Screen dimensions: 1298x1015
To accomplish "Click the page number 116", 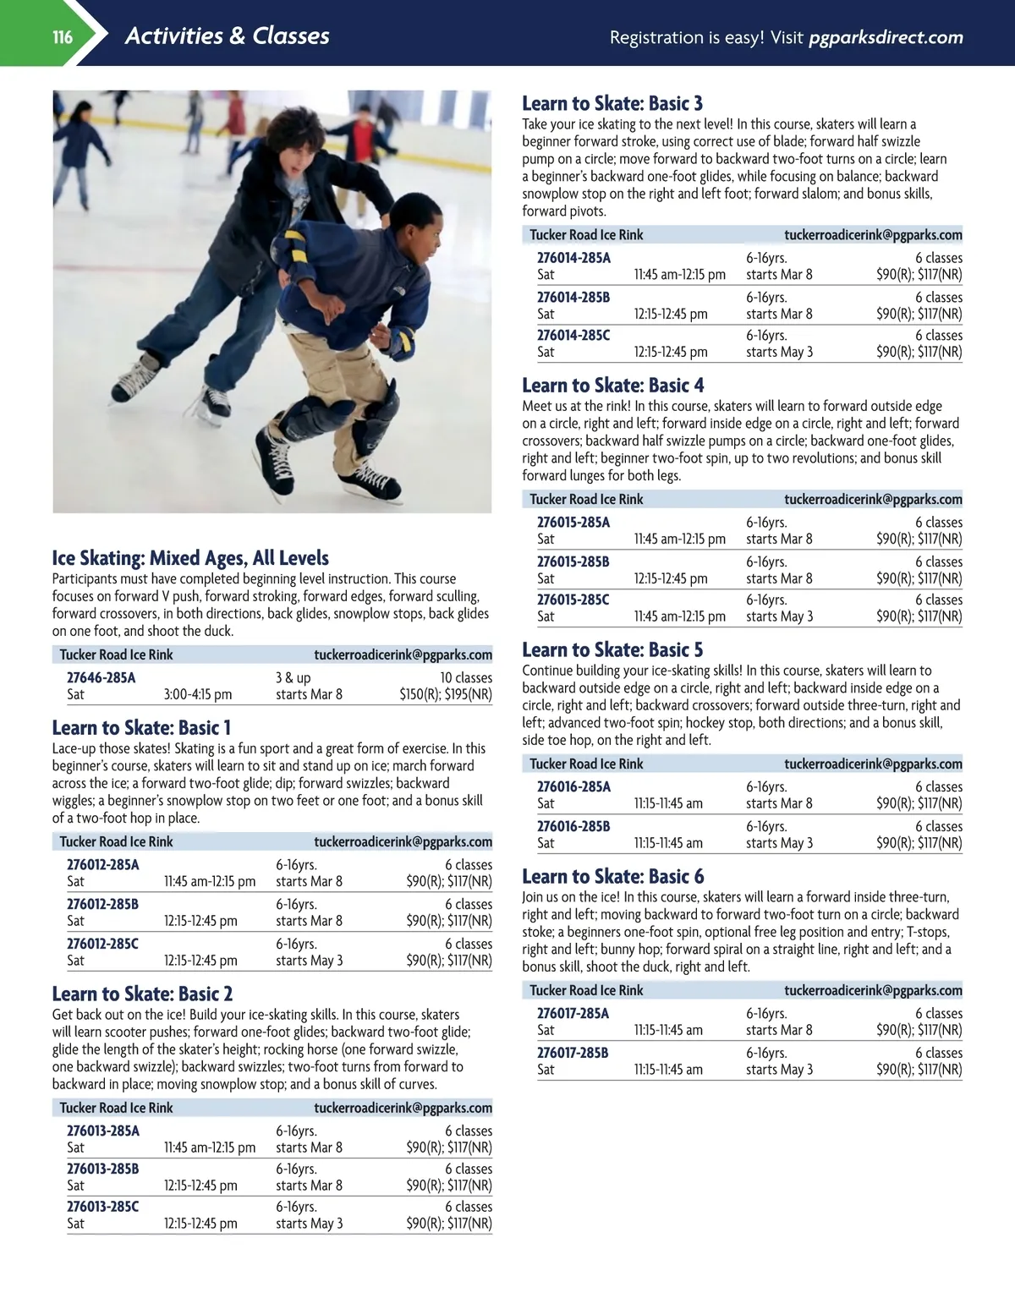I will click(x=63, y=36).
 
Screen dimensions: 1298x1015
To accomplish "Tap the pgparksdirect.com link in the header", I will click(x=885, y=37).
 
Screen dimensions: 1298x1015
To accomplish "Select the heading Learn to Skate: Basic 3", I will click(x=612, y=103).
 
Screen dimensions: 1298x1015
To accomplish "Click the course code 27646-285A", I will click(x=101, y=677).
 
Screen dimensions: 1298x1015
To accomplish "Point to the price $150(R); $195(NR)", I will click(x=445, y=694).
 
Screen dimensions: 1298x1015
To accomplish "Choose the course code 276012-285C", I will click(x=102, y=944).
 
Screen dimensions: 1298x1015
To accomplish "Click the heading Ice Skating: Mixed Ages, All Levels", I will click(x=190, y=558).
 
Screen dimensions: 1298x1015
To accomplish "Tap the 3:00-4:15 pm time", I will click(x=197, y=694).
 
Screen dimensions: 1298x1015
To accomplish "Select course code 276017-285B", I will click(x=573, y=1053).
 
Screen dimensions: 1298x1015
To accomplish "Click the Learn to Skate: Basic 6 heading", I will click(x=612, y=876).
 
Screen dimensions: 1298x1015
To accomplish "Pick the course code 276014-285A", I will click(x=573, y=258).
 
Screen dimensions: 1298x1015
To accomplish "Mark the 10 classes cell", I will click(x=465, y=677).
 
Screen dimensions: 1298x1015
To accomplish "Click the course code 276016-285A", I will click(x=573, y=786).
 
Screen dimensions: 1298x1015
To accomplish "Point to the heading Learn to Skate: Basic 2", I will click(x=142, y=994).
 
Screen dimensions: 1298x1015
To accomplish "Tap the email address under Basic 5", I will click(x=873, y=764).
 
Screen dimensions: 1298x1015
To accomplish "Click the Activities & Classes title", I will click(x=227, y=36).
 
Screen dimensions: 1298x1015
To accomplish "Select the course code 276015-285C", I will click(x=573, y=600).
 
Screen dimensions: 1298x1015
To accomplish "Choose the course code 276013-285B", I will click(x=102, y=1169).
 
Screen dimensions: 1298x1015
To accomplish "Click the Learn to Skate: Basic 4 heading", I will click(x=612, y=385).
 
